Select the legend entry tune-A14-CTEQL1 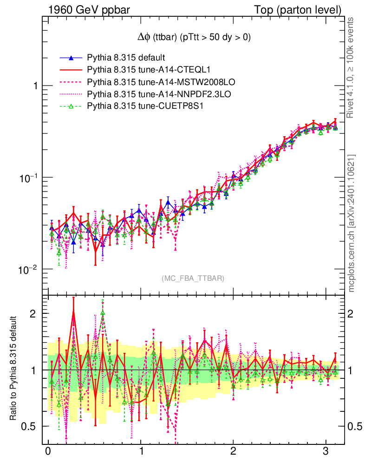(x=142, y=70)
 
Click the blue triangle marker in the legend (x=71, y=58)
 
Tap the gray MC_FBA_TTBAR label (x=193, y=278)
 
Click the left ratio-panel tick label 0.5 (x=29, y=426)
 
